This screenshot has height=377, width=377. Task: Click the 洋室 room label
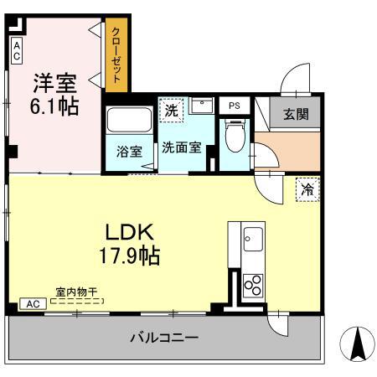54,84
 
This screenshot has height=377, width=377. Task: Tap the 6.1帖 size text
55,106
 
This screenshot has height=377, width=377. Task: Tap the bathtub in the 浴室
129,122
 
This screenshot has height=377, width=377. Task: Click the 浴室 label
128,152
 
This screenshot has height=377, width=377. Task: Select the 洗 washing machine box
171,110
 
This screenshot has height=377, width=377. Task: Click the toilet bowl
235,137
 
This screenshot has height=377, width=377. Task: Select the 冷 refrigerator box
307,189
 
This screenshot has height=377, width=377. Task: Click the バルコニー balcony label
163,338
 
